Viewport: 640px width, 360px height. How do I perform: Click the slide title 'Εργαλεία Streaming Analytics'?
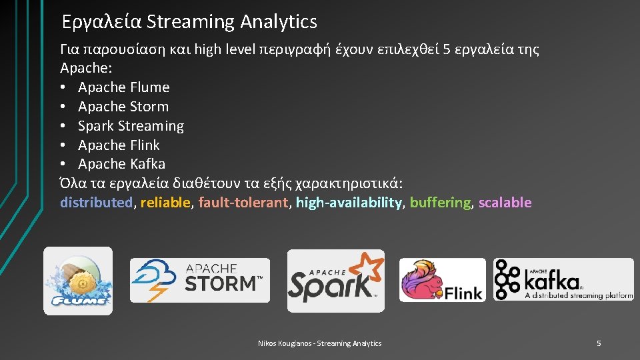pyautogui.click(x=189, y=22)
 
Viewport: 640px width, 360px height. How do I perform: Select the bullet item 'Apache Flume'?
pyautogui.click(x=123, y=87)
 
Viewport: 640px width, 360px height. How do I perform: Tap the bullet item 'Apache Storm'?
pyautogui.click(x=123, y=107)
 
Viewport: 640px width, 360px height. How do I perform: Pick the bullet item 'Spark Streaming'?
pyautogui.click(x=131, y=126)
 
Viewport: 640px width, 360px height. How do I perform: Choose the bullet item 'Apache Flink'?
pyautogui.click(x=119, y=145)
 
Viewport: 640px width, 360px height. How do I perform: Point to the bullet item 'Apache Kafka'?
pyautogui.click(x=121, y=164)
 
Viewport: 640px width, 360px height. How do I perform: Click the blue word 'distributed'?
pyautogui.click(x=97, y=203)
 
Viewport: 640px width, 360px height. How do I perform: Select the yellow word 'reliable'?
pyautogui.click(x=165, y=203)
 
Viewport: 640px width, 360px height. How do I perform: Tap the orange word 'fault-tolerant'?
pyautogui.click(x=243, y=203)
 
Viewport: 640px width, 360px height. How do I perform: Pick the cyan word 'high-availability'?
pyautogui.click(x=349, y=203)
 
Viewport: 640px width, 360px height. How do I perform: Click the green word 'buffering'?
pyautogui.click(x=440, y=203)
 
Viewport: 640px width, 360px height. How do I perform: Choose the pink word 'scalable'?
pyautogui.click(x=505, y=203)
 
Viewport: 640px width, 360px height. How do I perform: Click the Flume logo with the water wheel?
pyautogui.click(x=78, y=281)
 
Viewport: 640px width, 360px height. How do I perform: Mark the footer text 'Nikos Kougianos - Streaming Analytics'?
pyautogui.click(x=320, y=343)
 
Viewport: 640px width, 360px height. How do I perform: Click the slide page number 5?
pyautogui.click(x=598, y=343)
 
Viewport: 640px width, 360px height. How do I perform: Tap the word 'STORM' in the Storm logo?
pyautogui.click(x=220, y=283)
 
